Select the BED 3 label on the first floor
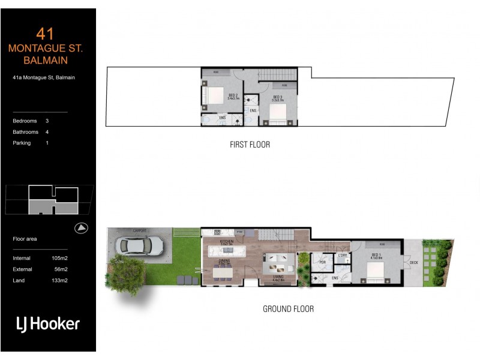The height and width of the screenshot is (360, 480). [277, 97]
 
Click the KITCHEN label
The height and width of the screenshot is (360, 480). [226, 241]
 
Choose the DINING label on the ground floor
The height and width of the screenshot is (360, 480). [224, 261]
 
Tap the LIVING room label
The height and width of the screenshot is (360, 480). [278, 277]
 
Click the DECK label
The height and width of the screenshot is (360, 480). [413, 262]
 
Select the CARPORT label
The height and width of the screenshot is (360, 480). [140, 230]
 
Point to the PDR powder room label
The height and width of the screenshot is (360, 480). [322, 262]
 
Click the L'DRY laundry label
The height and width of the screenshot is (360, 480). [343, 257]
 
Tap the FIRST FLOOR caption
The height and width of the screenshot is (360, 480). [250, 145]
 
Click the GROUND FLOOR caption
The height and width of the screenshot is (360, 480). [288, 309]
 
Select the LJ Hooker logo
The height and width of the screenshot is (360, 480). [47, 324]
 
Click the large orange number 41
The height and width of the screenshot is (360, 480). [45, 34]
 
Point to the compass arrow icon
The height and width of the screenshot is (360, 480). [82, 228]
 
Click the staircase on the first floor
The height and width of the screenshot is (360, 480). [278, 74]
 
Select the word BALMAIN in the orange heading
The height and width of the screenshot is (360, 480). [46, 61]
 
